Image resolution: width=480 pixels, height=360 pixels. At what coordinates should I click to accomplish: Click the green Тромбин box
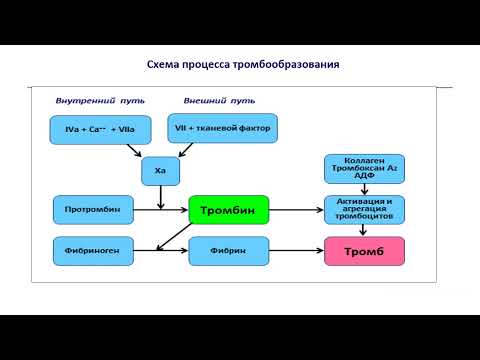point(228,210)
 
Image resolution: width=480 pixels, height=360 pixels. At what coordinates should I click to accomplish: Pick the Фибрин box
point(228,249)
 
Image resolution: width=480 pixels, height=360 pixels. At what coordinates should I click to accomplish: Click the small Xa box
point(160,171)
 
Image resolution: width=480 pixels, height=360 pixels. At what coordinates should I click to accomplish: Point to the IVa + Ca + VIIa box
point(98,130)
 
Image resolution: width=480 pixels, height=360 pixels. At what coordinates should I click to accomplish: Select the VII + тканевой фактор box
point(221,129)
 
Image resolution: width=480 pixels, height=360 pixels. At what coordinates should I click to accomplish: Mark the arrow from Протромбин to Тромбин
point(160,211)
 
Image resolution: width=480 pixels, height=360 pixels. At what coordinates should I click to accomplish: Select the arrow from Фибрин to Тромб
point(297,249)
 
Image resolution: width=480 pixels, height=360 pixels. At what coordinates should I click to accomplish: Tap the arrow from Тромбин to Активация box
point(297,211)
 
